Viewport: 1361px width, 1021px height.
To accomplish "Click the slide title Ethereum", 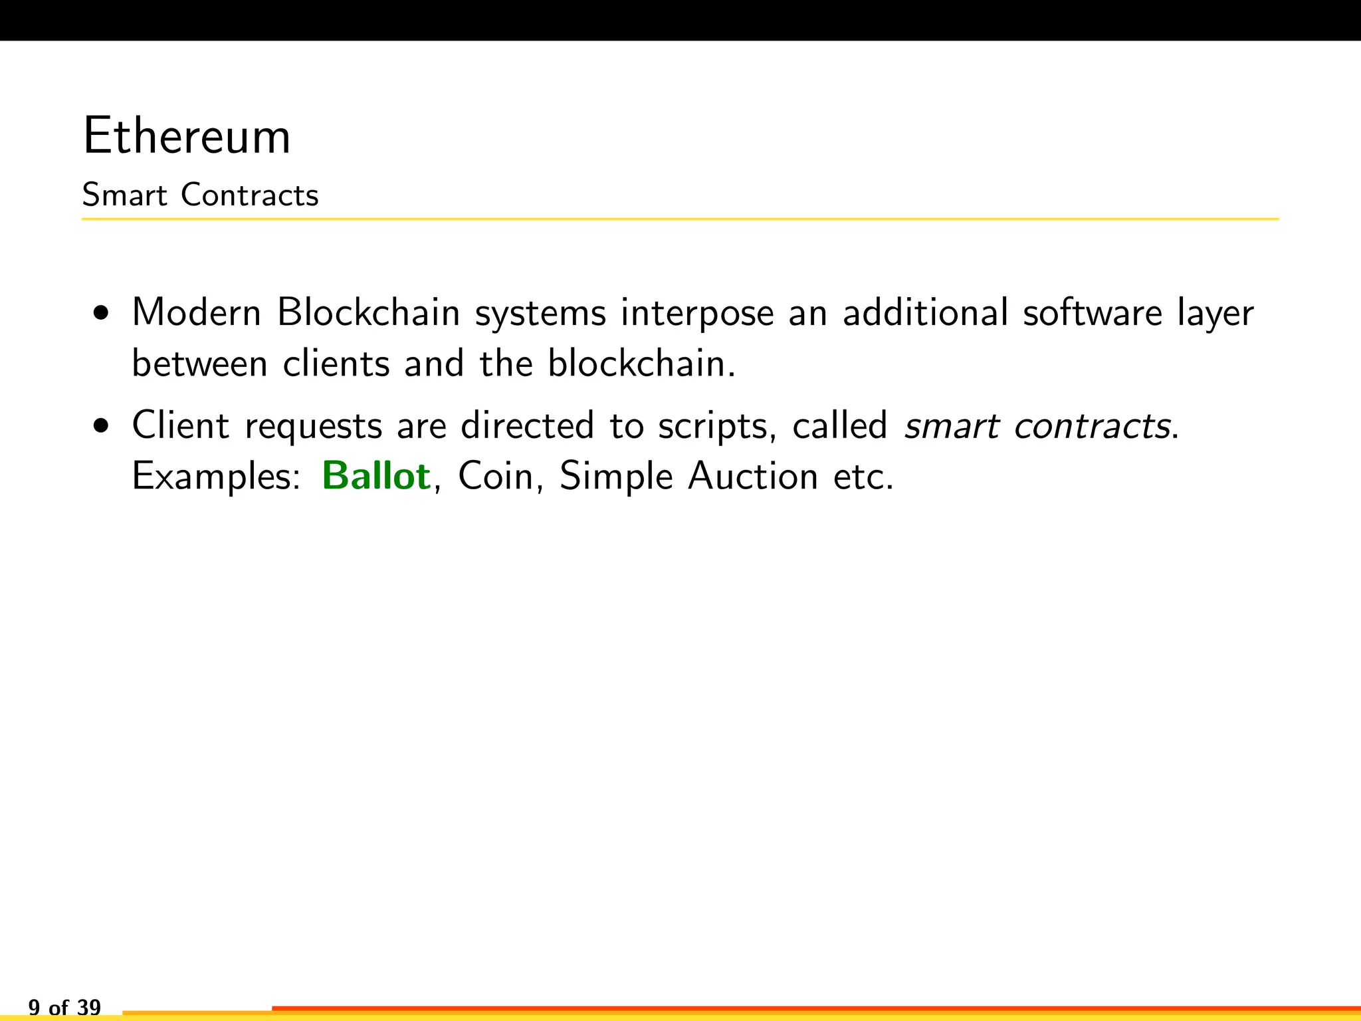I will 187,137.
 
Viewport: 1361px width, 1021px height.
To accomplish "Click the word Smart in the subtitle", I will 124,195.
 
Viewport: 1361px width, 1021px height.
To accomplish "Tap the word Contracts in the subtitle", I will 250,195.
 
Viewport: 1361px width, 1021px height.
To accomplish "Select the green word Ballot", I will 376,477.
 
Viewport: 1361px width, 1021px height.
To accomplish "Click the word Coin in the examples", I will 496,477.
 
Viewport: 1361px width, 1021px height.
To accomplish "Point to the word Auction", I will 752,477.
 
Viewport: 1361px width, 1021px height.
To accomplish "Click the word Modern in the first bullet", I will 197,312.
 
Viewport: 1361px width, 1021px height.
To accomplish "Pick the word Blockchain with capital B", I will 369,312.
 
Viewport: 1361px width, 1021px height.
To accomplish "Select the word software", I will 1093,312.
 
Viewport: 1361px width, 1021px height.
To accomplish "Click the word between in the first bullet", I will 199,364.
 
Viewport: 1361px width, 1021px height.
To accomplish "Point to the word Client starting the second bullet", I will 181,425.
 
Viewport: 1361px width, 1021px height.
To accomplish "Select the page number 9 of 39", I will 64,1007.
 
